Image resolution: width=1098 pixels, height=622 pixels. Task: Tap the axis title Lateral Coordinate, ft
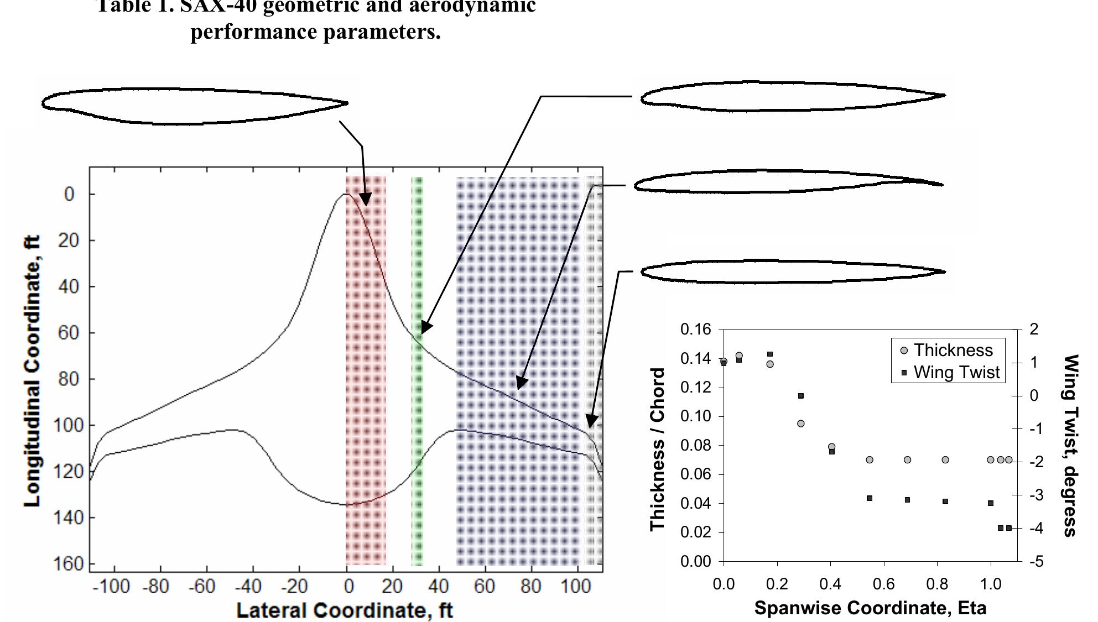pos(344,610)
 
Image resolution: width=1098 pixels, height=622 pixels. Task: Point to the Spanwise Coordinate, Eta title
pos(870,608)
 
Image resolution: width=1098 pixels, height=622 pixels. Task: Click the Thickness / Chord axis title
pos(657,449)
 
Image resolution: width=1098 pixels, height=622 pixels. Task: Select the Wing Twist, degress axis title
pos(1071,446)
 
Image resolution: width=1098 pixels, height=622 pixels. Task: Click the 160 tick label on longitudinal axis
pos(69,564)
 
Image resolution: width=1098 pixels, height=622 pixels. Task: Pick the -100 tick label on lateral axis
pos(111,586)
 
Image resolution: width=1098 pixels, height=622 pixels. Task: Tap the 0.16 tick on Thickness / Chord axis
pos(695,330)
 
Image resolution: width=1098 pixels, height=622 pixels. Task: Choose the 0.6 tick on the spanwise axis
pos(884,584)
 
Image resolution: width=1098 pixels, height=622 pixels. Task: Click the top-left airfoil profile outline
pos(194,105)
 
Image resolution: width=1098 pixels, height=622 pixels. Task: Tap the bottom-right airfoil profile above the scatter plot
pos(792,272)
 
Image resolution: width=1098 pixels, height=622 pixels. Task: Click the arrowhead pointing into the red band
pos(365,199)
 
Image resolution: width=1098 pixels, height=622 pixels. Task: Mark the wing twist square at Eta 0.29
pos(800,396)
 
